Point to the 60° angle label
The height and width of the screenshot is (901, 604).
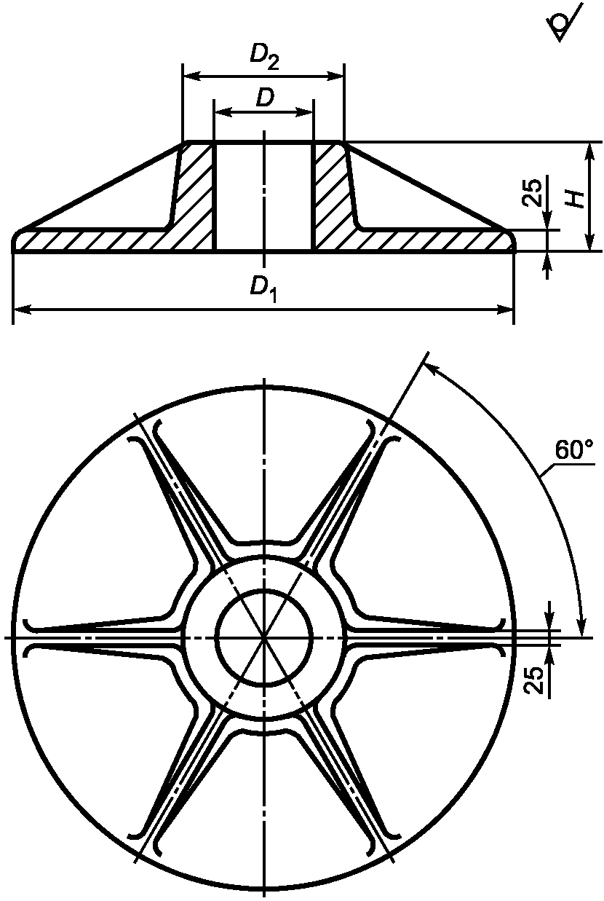tap(573, 450)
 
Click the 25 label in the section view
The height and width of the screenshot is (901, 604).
tap(533, 192)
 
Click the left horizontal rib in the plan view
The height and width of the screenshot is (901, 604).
tap(102, 637)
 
